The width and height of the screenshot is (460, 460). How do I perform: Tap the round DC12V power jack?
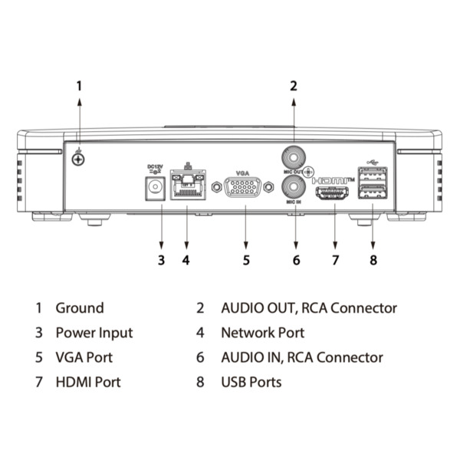(156, 186)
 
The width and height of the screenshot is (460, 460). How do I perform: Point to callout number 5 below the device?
(245, 260)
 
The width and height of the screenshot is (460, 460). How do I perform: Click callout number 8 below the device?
(373, 260)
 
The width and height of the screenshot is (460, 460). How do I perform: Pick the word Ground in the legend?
(80, 308)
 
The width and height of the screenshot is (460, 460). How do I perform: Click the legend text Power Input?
(94, 333)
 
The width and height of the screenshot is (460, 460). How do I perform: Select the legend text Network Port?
(262, 333)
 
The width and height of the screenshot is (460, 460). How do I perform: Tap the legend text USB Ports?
(251, 381)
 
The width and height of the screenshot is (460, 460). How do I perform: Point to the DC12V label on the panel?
(156, 166)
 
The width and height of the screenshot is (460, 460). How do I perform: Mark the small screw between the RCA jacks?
(309, 172)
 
